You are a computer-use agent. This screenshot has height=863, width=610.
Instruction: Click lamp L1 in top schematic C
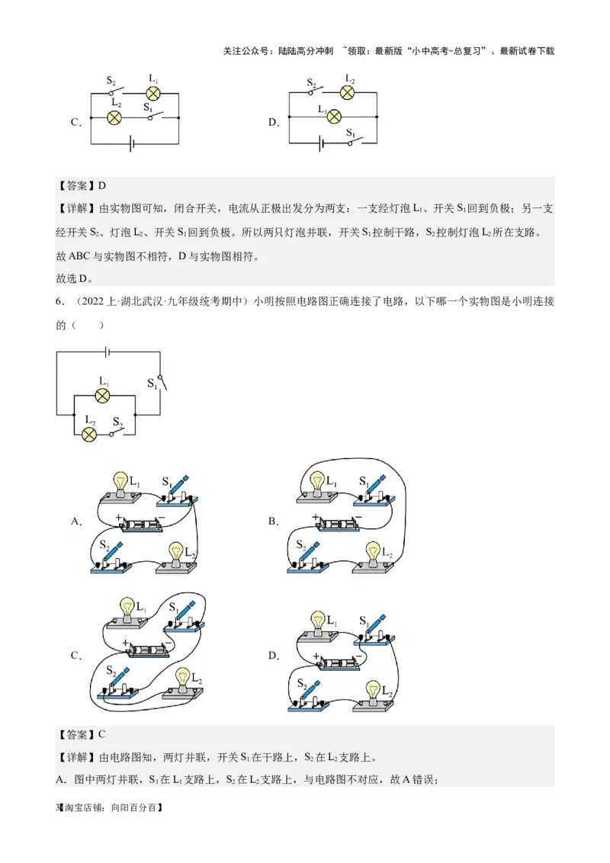[x=152, y=93]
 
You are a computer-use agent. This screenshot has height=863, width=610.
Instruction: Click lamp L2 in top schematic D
[x=348, y=93]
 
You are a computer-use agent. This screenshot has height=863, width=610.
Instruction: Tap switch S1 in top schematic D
[x=352, y=141]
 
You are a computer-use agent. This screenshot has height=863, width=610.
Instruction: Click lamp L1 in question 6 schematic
[x=102, y=396]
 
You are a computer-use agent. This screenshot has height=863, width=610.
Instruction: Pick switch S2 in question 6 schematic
[x=117, y=433]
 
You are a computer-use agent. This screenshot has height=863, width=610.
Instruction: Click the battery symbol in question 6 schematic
[x=108, y=351]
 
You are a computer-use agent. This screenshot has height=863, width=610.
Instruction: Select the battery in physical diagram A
[x=142, y=526]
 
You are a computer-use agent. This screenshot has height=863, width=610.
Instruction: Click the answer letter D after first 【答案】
[x=102, y=185]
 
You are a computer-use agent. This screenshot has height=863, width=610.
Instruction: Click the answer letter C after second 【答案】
[x=102, y=734]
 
